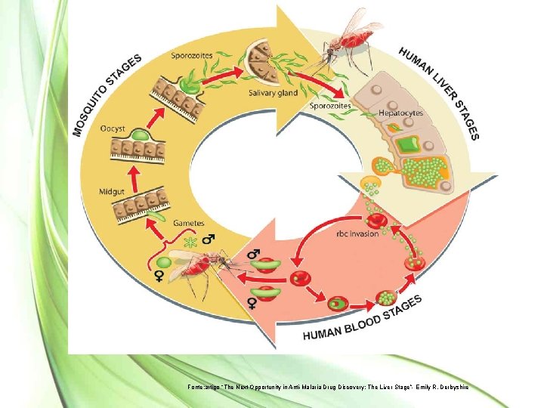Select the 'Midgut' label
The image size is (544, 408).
[114, 191]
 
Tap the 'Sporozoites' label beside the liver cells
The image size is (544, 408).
[330, 107]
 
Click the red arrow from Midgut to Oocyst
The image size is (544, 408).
[136, 176]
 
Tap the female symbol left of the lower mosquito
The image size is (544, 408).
[159, 277]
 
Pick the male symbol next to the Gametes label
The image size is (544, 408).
[208, 238]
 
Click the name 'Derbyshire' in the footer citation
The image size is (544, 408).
[451, 387]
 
